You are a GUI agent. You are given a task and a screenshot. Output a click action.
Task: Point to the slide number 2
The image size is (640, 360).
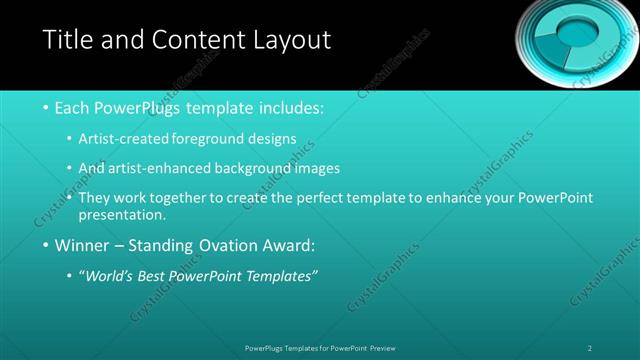[590, 348]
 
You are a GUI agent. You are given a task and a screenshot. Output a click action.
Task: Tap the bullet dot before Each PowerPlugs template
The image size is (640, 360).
[48, 107]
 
